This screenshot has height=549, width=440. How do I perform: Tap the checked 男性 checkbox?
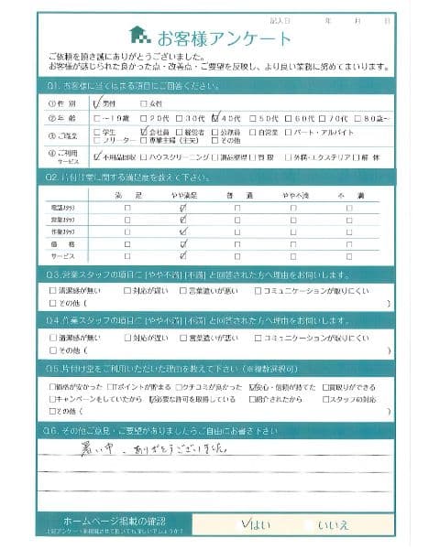point(97,102)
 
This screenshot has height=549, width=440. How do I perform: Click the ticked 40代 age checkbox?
point(215,117)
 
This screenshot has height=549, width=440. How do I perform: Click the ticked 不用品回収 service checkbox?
point(98,157)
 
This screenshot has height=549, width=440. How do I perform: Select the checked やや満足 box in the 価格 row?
point(183,246)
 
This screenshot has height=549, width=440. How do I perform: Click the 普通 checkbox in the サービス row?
point(237,260)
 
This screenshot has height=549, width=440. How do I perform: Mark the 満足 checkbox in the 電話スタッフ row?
point(127,209)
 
